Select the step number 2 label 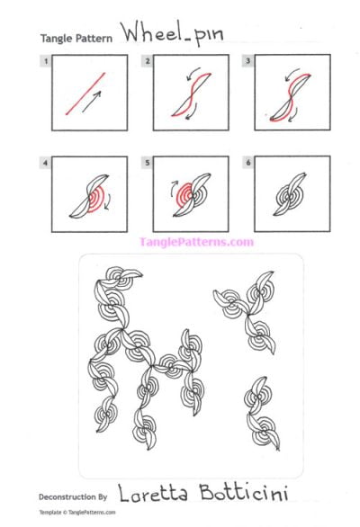click(x=148, y=61)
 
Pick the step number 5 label click(x=148, y=162)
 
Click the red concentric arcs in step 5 click(x=185, y=191)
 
